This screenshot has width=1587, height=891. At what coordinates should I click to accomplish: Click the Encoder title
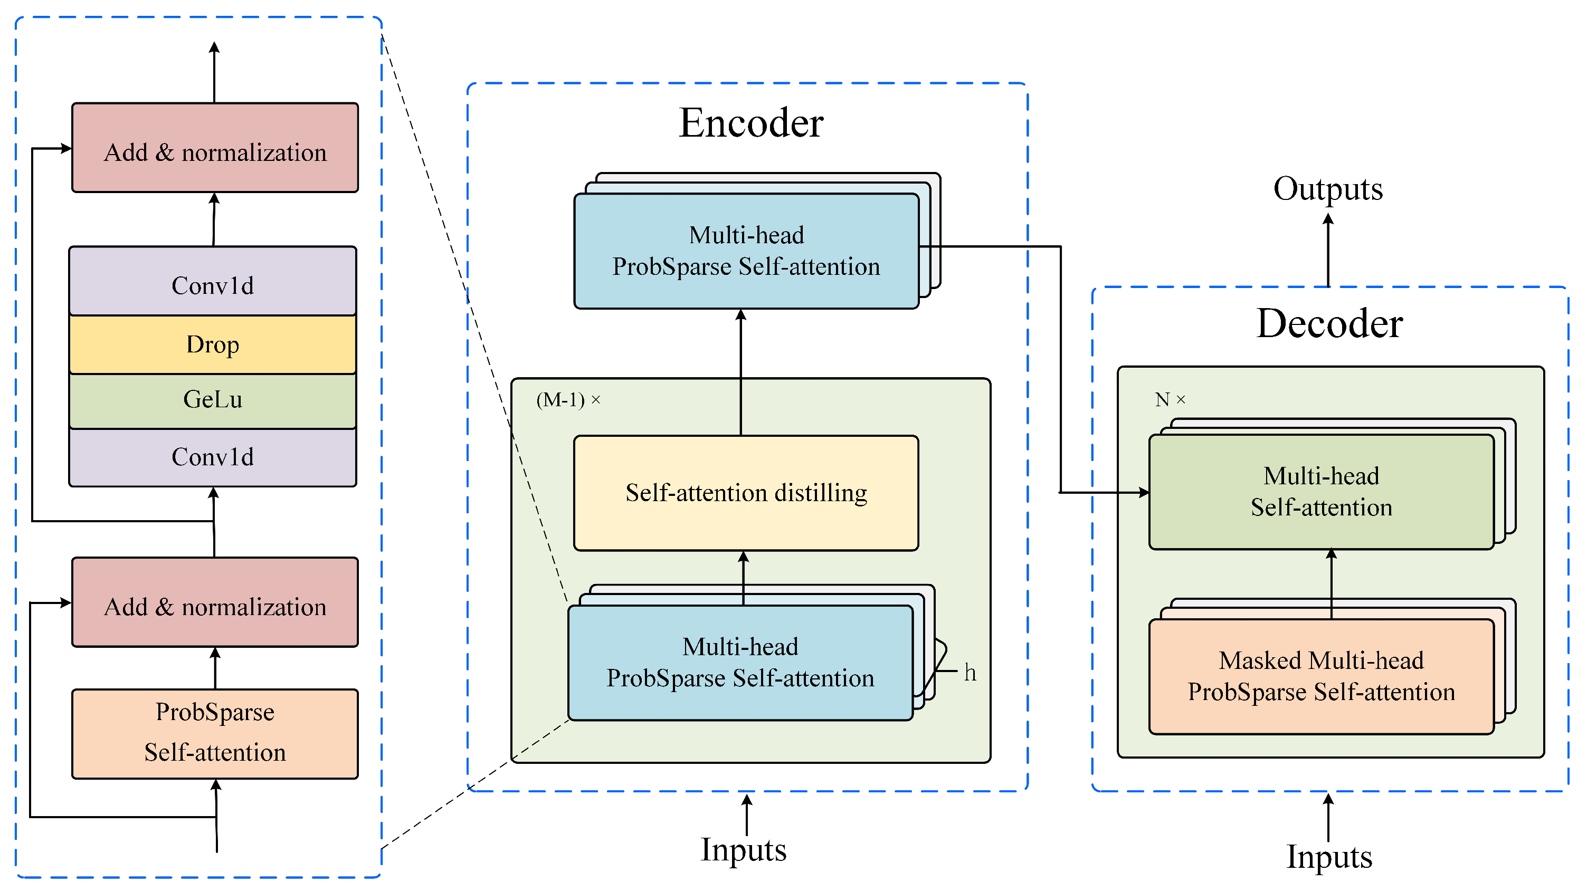pos(750,123)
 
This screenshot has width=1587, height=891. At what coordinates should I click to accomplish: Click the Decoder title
pos(1329,324)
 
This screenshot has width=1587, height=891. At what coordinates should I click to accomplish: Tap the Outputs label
pos(1328,188)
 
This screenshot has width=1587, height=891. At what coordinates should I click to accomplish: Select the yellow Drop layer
pos(213,345)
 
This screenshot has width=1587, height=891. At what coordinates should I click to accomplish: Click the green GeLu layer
pos(213,400)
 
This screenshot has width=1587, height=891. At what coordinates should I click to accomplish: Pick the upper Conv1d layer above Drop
pos(213,284)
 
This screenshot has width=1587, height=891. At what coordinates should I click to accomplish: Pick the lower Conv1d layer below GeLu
pos(213,457)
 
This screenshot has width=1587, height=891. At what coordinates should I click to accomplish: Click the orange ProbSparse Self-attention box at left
pos(215,733)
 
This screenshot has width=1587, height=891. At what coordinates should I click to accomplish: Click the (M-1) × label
pos(568,400)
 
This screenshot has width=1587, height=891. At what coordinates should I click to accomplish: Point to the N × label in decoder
pos(1170,400)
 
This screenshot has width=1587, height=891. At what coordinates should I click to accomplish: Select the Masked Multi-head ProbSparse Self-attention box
pos(1321,677)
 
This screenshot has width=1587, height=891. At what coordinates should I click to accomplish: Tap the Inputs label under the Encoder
pos(743,850)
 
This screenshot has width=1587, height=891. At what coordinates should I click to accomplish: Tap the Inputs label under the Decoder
pos(1329,857)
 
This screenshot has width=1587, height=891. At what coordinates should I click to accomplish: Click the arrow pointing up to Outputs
pos(1328,250)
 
